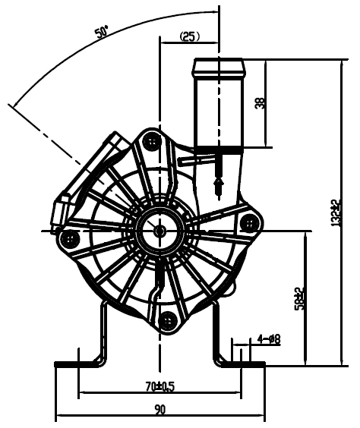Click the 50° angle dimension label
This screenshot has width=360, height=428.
[101, 31]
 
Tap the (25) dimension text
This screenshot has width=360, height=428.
[190, 36]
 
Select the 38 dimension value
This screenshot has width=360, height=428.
[260, 103]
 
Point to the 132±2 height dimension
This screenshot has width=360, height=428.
[336, 212]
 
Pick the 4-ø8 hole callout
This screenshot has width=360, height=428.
[269, 339]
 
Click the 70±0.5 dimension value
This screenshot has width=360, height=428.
[160, 386]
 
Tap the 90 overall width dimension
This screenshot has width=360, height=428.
[160, 410]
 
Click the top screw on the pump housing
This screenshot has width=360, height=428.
[152, 141]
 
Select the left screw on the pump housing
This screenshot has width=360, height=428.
[70, 239]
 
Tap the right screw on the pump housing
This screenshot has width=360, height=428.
[249, 223]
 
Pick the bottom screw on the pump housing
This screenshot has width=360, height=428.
[167, 321]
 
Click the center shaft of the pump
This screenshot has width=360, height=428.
[159, 231]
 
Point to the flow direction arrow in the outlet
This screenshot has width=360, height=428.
[219, 187]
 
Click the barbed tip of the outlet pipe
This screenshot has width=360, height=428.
[219, 68]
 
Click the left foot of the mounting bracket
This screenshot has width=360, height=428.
[77, 364]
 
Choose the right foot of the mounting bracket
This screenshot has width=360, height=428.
[242, 364]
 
